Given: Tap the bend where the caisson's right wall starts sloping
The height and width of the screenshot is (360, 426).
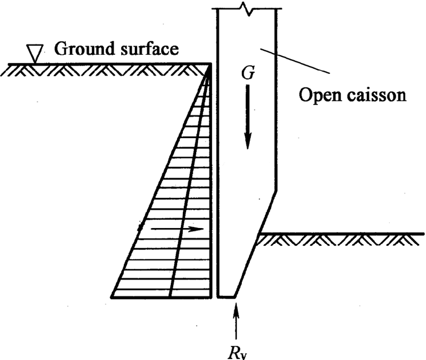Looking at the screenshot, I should tap(276, 192).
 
